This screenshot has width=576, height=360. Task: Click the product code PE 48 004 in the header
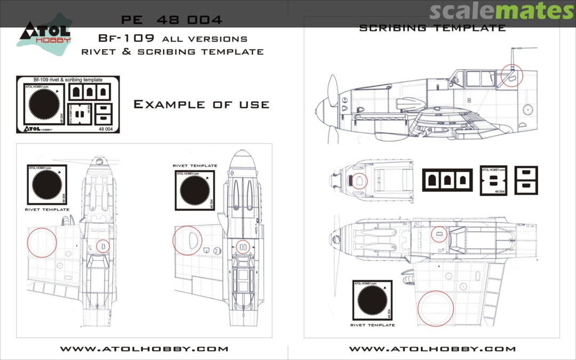(x=172, y=20)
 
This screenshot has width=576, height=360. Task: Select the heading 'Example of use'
(x=201, y=104)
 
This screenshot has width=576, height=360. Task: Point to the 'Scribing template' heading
(x=433, y=28)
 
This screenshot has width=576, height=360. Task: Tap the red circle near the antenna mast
(x=513, y=75)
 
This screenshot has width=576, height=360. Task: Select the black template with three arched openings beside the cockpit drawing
(x=447, y=179)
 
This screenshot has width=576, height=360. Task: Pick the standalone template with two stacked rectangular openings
(x=526, y=180)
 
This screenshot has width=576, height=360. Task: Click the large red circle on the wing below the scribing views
(x=436, y=308)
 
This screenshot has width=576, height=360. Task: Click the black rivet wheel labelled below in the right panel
(x=372, y=300)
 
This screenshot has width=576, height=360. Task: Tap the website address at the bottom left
(x=143, y=349)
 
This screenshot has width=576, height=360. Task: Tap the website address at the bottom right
(x=432, y=349)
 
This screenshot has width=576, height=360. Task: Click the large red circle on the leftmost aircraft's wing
(x=42, y=242)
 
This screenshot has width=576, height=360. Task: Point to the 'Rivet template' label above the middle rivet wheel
(x=195, y=166)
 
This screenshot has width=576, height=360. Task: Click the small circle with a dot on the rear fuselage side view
(x=527, y=109)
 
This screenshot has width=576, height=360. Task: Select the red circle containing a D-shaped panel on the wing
(x=187, y=241)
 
